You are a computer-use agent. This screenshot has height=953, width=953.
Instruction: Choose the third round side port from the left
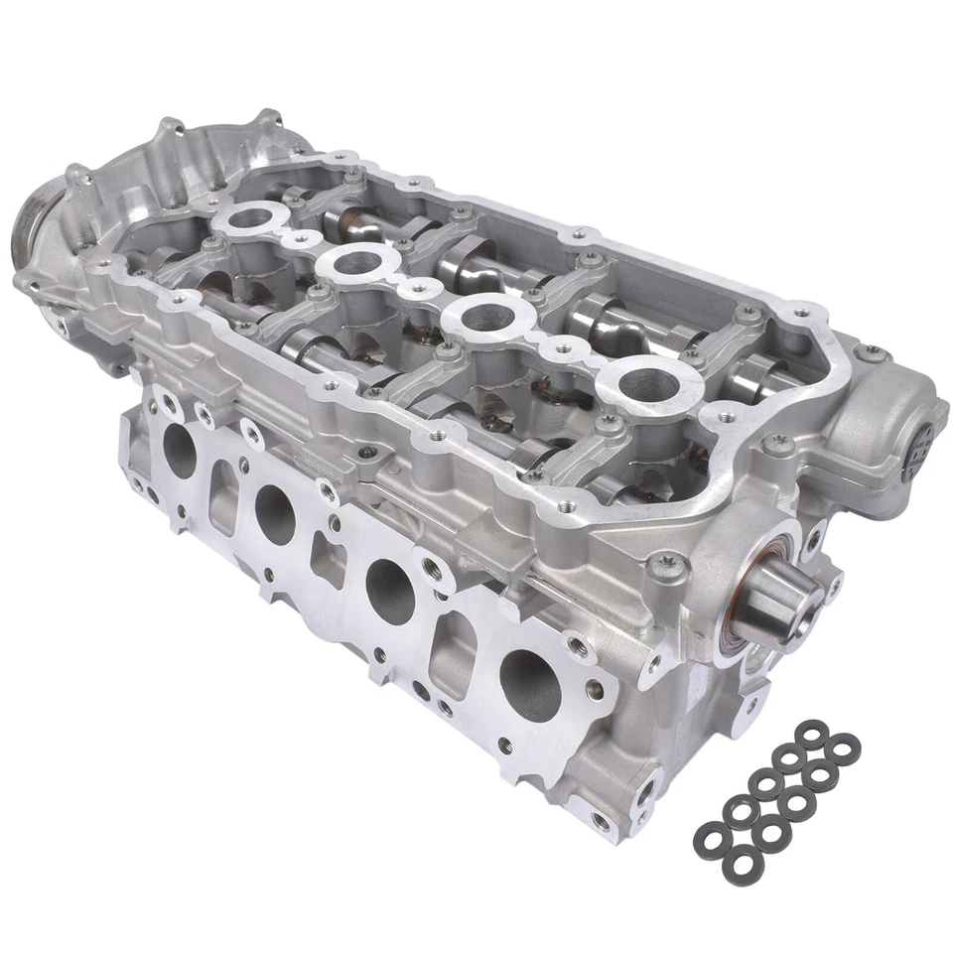tap(389, 586)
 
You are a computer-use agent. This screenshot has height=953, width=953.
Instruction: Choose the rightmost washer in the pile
tap(843, 746)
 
